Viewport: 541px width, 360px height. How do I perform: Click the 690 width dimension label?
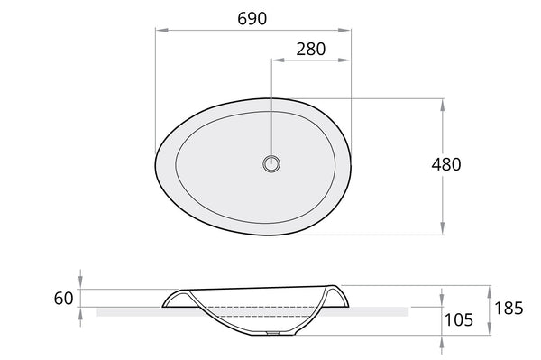252,19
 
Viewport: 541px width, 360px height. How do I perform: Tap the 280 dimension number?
310,50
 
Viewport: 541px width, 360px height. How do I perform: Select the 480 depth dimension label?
445,164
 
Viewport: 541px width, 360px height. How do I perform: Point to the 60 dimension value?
63,299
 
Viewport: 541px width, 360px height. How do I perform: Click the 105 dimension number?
459,320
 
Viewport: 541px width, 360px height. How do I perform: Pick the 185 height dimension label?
509,309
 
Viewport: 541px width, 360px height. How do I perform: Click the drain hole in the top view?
271,163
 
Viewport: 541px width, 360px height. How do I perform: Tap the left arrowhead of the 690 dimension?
161,31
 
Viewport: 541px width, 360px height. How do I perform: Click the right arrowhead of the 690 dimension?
344,31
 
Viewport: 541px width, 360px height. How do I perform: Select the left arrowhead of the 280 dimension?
278,60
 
